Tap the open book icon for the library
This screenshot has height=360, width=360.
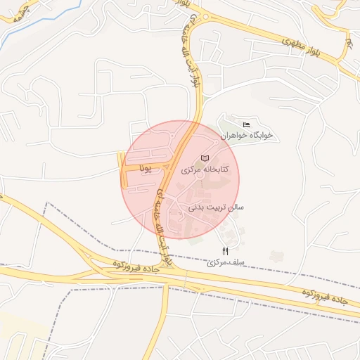click(x=205, y=158)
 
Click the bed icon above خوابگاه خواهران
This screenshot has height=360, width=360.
click(x=245, y=124)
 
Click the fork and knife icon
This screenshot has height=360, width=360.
click(x=225, y=252)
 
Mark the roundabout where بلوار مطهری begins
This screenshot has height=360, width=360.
click(x=204, y=18)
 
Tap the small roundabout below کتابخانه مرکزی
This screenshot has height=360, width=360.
click(x=200, y=184)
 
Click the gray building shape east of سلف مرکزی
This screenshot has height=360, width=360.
click(x=274, y=255)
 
